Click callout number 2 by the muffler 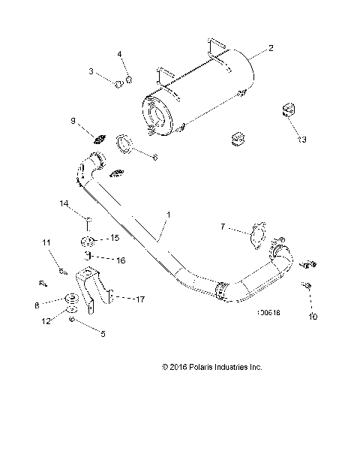[271, 47]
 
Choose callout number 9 [73, 121]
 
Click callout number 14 [64, 203]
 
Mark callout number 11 [46, 242]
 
